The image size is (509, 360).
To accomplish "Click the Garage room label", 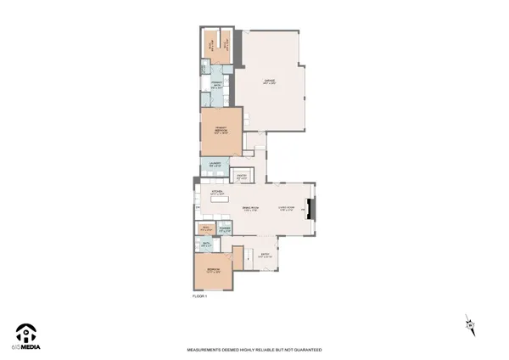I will coord(271,82).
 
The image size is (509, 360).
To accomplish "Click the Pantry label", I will coord(242,177).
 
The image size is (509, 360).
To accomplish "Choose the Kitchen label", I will coord(216,194).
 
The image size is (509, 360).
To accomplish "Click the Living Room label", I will coord(287,208).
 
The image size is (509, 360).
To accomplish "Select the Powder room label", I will coord(225,228).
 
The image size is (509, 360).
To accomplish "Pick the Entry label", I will coord(265,255).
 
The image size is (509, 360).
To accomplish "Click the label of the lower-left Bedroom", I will coord(213,272).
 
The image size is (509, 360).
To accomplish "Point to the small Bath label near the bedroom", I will coord(207,245).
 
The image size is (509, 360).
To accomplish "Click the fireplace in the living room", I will coord(310,209).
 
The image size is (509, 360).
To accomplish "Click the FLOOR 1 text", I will coord(200,296).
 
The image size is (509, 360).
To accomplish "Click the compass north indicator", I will coord(469,324).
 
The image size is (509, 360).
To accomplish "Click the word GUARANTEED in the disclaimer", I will coord(303,349).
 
